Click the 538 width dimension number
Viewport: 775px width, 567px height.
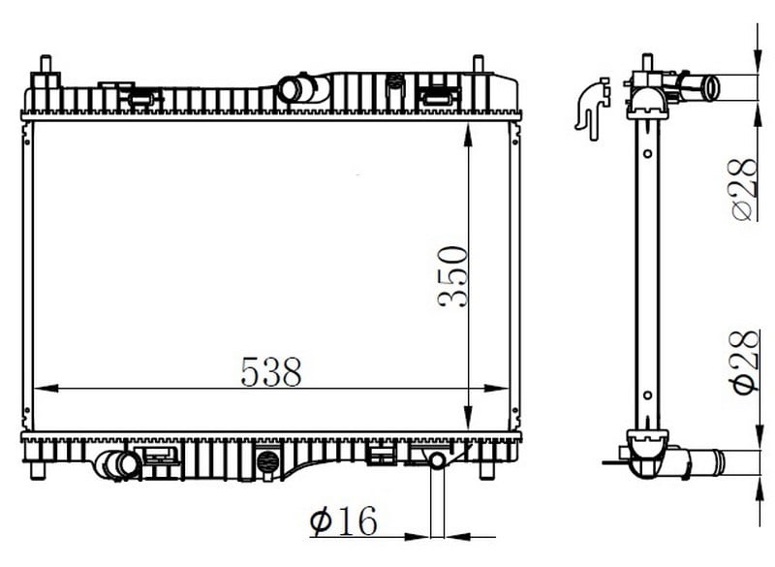click(x=271, y=372)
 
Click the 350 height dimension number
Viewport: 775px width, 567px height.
click(x=452, y=277)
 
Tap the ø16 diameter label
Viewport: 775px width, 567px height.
click(x=343, y=520)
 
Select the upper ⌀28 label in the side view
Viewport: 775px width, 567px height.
click(x=744, y=189)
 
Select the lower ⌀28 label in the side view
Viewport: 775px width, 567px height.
click(x=745, y=362)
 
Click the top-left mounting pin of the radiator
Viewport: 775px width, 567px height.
click(x=46, y=64)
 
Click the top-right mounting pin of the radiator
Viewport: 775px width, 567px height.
click(x=479, y=64)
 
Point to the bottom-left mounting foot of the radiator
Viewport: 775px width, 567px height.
click(x=38, y=471)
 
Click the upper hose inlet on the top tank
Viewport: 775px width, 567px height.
click(x=292, y=89)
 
